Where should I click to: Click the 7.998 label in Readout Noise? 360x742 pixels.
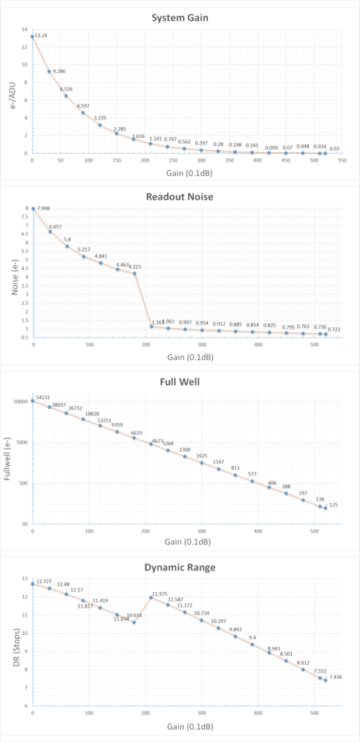point(44,210)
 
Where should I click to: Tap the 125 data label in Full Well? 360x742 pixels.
point(334,505)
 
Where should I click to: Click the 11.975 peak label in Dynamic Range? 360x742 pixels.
point(160,594)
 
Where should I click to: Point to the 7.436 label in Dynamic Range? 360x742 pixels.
point(336,677)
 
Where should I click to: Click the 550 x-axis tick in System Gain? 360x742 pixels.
point(342,160)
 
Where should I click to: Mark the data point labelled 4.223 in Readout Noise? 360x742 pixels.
point(134,273)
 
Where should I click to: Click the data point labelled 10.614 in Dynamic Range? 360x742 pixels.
point(134,622)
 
